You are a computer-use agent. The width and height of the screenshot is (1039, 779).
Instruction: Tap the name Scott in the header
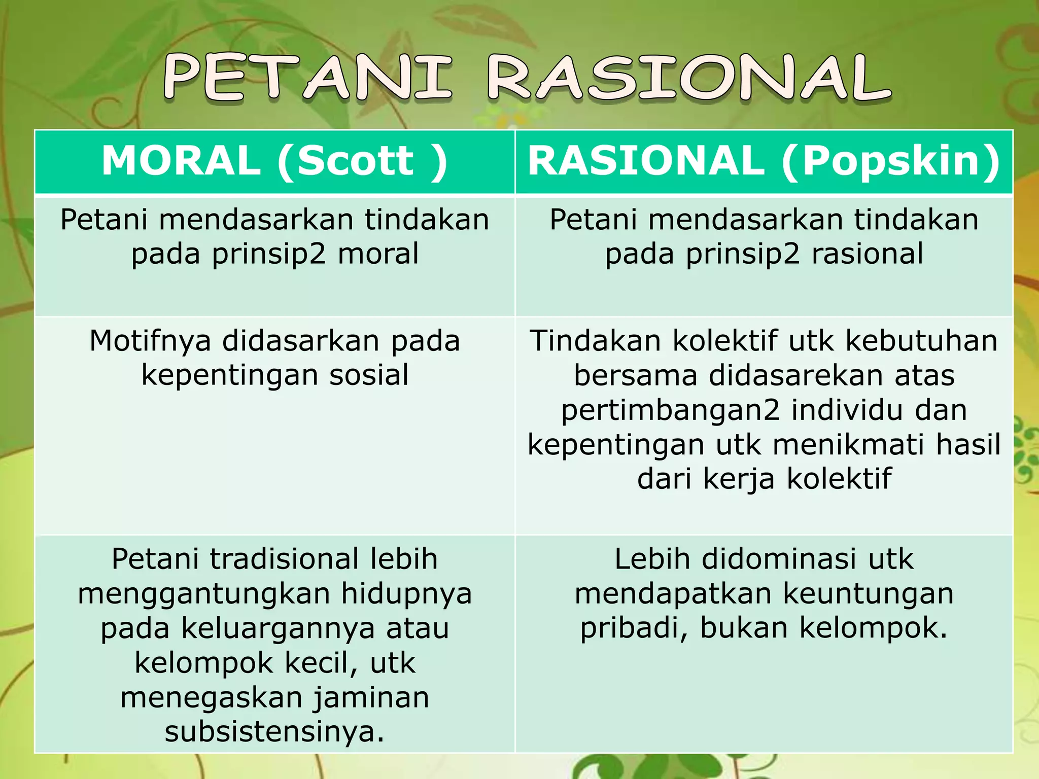click(355, 161)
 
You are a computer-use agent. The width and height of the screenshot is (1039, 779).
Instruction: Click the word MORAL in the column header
click(181, 161)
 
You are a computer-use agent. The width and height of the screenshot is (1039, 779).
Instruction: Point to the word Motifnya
click(150, 341)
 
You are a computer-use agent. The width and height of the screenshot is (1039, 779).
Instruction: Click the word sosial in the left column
click(369, 375)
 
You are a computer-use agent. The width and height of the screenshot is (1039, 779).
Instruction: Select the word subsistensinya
click(274, 732)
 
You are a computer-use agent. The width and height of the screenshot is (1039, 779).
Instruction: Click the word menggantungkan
click(204, 593)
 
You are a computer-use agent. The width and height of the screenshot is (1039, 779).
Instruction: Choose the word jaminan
click(371, 697)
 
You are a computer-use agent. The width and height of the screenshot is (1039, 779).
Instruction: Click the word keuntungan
click(868, 593)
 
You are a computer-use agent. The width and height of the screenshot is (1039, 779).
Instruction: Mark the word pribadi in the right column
click(633, 628)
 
